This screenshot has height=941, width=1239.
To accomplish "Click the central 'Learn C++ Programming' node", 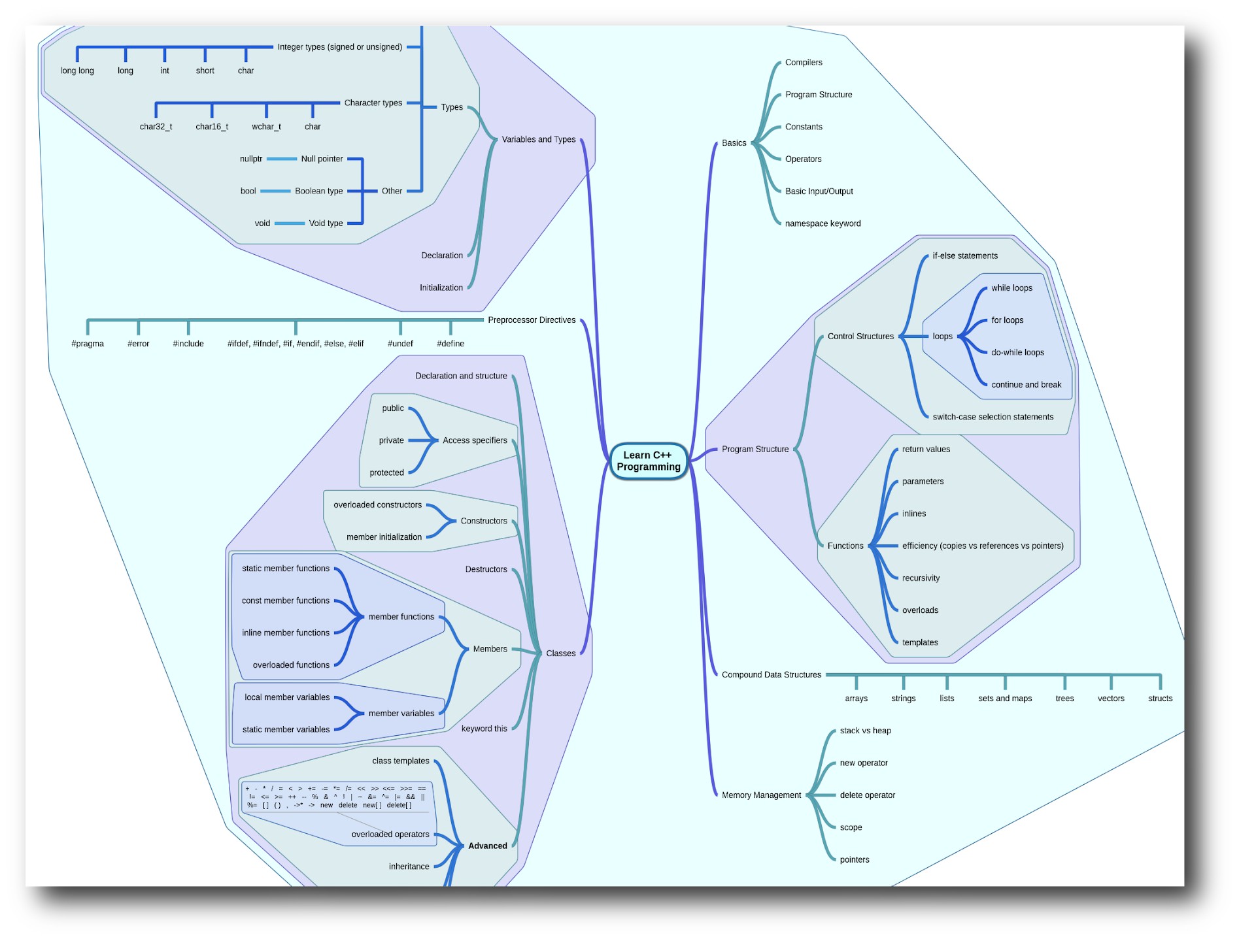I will (648, 461).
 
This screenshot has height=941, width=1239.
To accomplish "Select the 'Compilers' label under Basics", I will (804, 63).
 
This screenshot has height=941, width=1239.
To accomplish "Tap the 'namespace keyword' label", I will (823, 223).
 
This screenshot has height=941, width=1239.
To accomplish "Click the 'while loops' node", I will (1011, 288).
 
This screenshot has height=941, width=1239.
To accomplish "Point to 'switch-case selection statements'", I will (993, 417).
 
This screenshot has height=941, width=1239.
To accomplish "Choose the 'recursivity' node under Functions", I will (921, 578).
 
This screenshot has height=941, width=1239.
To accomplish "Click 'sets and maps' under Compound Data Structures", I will (1005, 699).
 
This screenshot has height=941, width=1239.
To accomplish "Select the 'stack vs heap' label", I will (865, 731).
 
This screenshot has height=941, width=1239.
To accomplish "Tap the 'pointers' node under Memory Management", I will (855, 860).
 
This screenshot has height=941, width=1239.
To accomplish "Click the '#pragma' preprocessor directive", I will (88, 344).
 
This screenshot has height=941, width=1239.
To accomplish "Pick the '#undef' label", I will (400, 344).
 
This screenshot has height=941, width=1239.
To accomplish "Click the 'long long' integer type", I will (77, 71).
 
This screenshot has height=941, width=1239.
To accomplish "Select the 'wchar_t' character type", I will (266, 127).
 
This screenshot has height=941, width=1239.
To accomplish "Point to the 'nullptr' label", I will (251, 159).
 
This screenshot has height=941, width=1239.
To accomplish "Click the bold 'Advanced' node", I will (487, 846).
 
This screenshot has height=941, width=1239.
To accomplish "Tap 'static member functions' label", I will (286, 569).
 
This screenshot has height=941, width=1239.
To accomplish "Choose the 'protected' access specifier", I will (386, 473).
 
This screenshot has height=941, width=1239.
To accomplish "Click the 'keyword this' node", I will (484, 729).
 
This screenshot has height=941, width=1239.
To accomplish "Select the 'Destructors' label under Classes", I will (486, 570).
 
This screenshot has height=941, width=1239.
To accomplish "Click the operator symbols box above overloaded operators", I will (336, 797).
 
